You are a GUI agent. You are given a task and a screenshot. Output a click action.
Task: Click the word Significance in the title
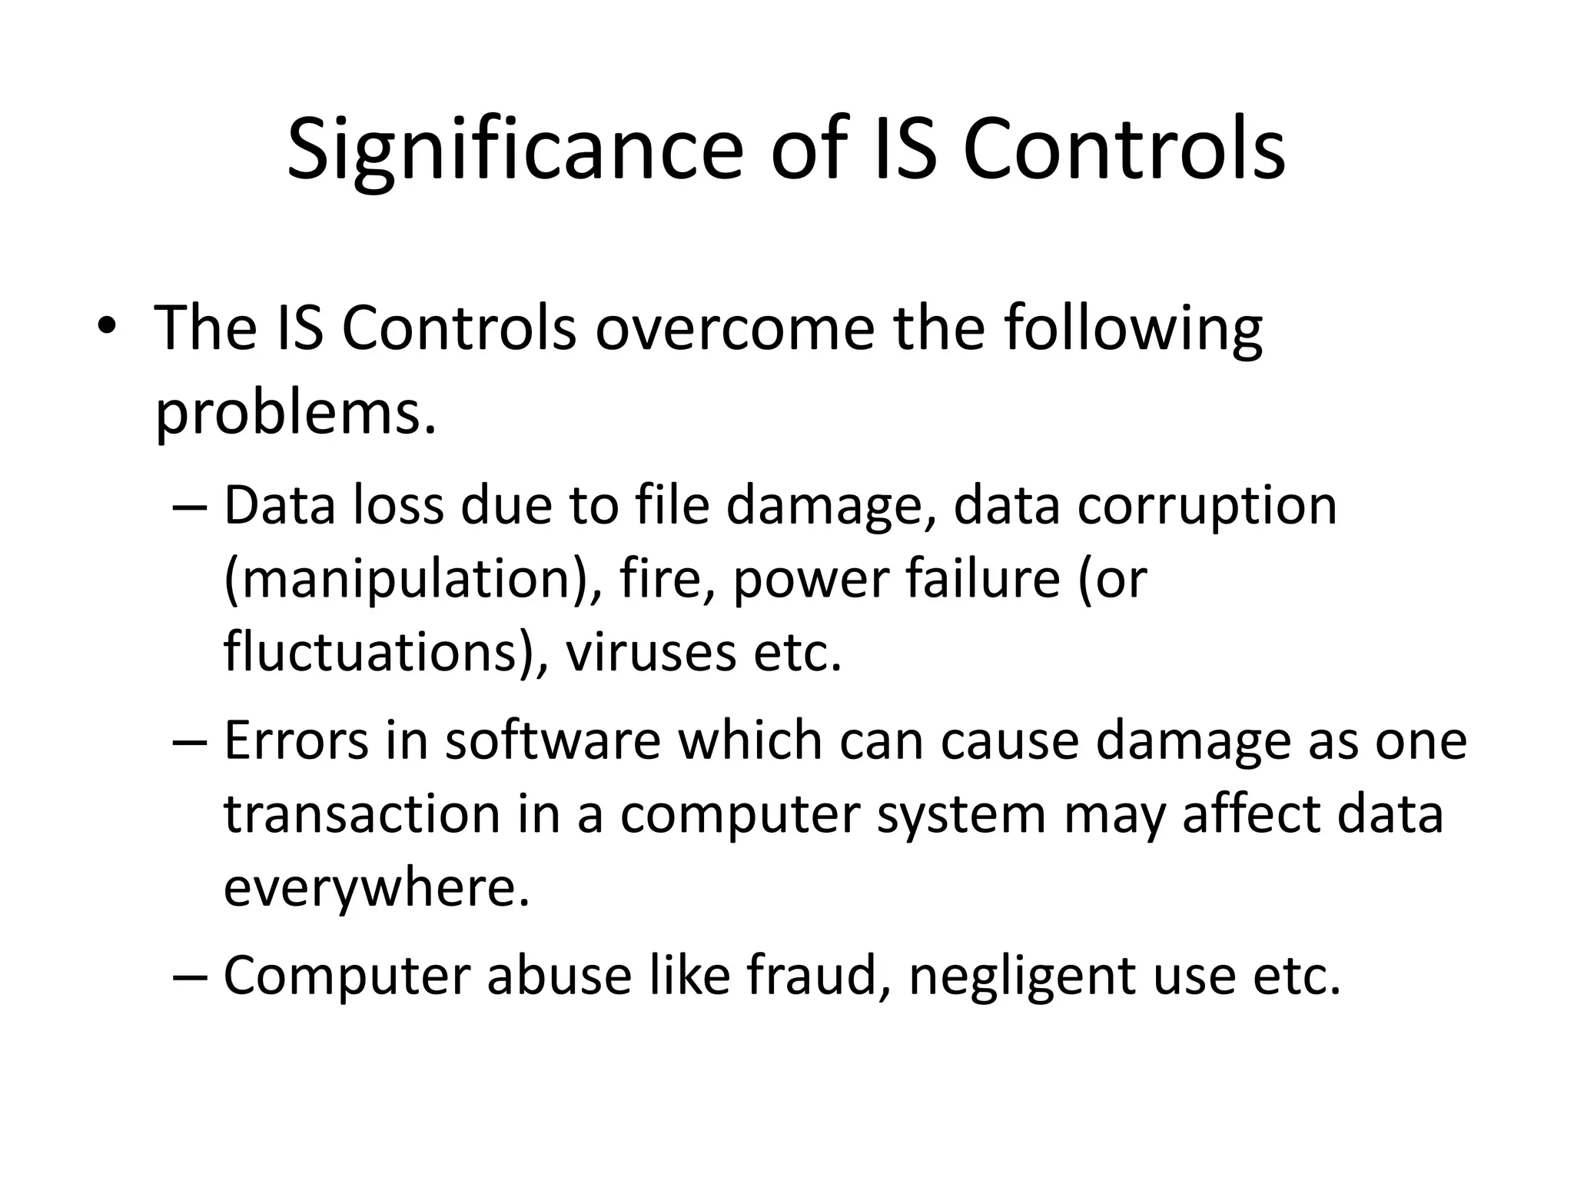[515, 150]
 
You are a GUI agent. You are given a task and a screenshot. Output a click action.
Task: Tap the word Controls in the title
[1124, 150]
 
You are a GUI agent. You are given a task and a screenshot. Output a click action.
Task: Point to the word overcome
[734, 328]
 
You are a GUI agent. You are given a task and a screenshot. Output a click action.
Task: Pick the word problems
[296, 414]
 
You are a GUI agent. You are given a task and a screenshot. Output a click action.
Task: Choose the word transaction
[362, 814]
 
